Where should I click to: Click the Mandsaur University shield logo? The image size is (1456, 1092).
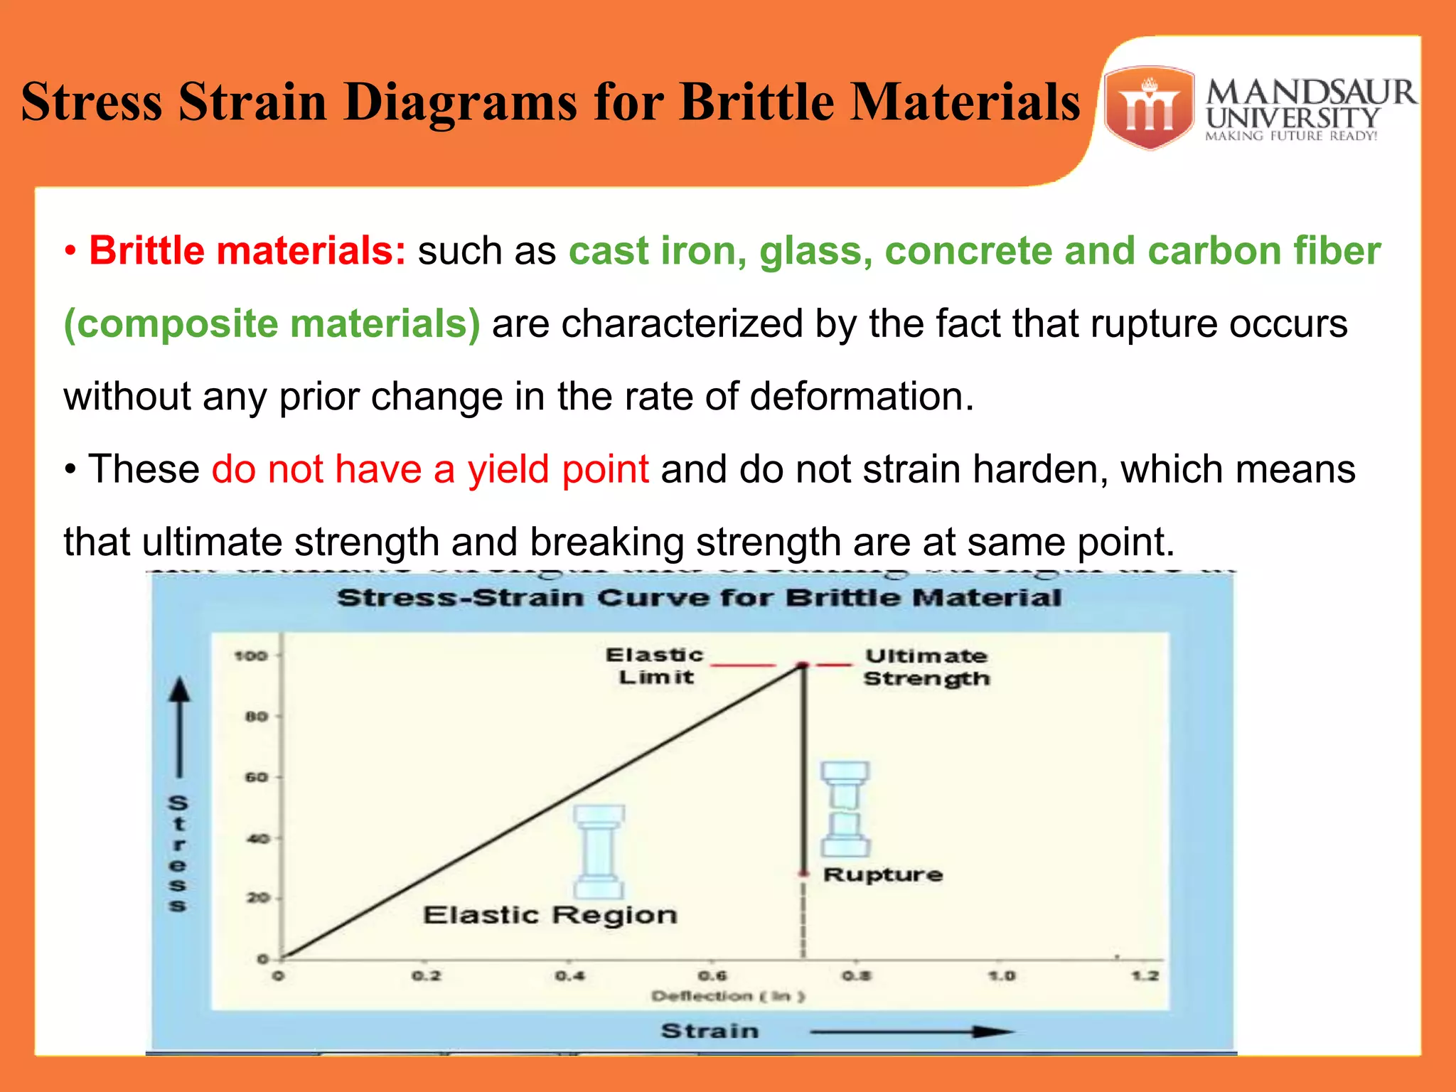point(1149,107)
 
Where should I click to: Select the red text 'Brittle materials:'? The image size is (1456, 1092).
point(247,251)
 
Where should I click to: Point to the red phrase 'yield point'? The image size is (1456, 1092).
point(557,469)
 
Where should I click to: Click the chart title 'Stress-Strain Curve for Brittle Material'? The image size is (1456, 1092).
point(699,598)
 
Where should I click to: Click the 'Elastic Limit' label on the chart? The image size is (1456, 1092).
point(655,666)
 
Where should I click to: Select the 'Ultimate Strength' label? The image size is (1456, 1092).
point(926,667)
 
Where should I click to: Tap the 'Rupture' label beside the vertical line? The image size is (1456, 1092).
point(882,874)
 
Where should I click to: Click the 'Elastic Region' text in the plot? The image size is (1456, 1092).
point(550,915)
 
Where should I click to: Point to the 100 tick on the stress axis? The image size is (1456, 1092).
point(250,655)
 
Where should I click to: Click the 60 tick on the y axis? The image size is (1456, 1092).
point(256,777)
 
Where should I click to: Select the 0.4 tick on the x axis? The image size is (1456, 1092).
point(569,976)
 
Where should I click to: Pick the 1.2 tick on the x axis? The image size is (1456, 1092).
point(1145,976)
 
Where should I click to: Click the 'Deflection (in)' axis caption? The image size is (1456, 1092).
point(727,996)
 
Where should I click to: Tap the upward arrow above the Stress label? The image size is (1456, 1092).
point(180,725)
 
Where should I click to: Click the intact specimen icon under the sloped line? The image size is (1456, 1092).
point(599,852)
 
